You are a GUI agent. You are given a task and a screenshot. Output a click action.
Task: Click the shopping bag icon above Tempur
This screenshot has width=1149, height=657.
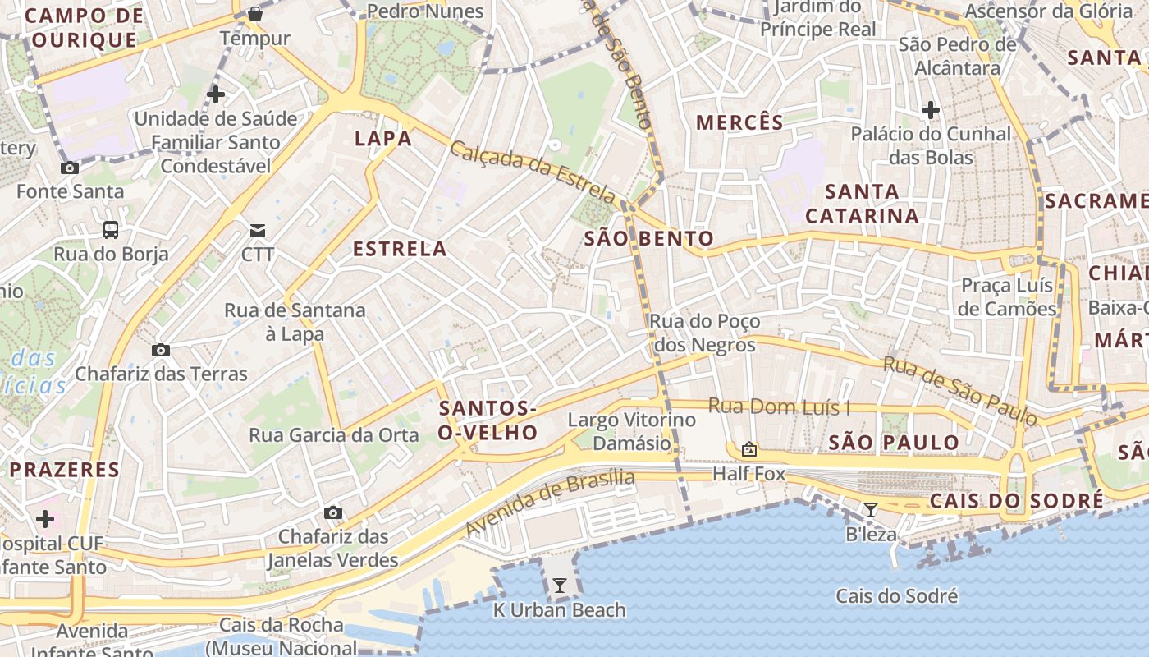[255, 13]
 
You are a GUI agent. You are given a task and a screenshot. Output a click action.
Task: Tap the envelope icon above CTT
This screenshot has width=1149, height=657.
[258, 230]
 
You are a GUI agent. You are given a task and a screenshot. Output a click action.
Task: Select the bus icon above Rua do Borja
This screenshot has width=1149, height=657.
[111, 230]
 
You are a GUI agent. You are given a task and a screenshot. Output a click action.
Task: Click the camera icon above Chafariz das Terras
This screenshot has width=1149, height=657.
[161, 350]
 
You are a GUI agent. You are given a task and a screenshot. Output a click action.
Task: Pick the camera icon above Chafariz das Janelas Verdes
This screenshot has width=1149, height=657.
[332, 512]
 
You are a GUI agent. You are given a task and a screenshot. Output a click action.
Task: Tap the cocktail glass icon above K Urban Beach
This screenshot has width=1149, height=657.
[560, 586]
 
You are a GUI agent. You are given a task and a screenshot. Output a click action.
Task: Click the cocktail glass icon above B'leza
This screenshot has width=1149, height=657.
[871, 510]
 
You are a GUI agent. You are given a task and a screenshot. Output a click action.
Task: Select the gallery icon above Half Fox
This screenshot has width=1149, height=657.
[748, 449]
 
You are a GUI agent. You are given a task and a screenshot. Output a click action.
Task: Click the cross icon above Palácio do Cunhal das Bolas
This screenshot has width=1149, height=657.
[930, 109]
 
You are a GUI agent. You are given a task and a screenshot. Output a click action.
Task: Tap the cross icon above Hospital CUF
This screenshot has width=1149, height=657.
[45, 519]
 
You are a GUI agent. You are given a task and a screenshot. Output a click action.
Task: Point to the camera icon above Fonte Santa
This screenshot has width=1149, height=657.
[70, 168]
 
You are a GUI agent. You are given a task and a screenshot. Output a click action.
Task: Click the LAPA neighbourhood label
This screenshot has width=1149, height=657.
[383, 139]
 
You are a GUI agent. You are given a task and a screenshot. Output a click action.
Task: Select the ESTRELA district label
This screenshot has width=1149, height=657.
[400, 249]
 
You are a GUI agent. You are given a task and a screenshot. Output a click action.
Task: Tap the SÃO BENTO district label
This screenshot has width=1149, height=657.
[648, 239]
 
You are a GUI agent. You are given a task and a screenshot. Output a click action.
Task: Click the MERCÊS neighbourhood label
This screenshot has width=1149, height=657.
[739, 123]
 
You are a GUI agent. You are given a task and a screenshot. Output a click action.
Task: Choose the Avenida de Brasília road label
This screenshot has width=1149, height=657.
[550, 503]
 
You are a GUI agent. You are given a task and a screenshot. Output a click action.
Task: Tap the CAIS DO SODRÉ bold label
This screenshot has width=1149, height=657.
[1016, 501]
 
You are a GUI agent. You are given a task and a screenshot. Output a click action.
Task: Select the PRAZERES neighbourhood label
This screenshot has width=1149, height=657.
[65, 470]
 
